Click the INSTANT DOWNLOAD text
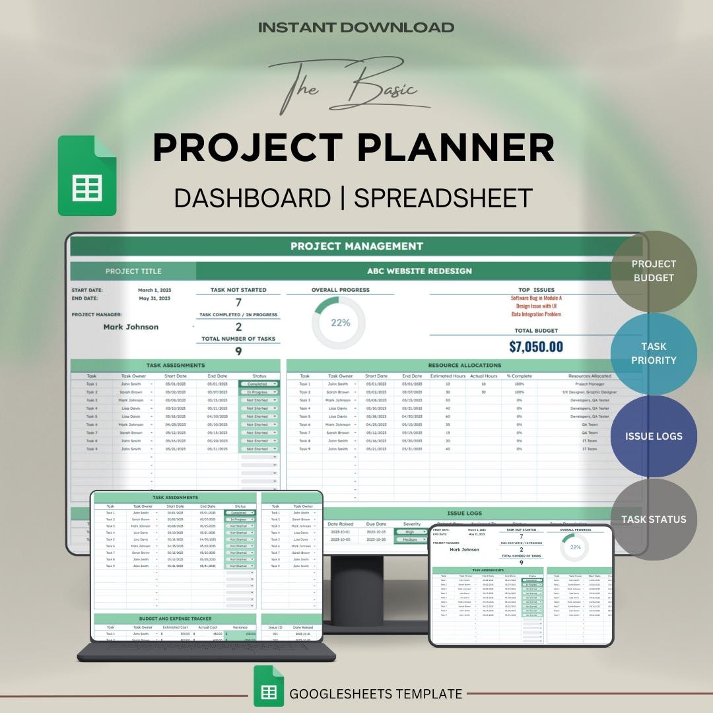tap(356, 28)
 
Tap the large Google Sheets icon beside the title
tap(87, 176)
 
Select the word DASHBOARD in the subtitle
tap(252, 198)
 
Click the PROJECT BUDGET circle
tap(653, 271)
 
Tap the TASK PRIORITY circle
tap(653, 353)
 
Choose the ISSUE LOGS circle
tap(653, 436)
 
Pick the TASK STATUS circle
tap(653, 520)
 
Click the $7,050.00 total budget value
tap(536, 347)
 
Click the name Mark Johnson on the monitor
tap(131, 327)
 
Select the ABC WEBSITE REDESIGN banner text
tap(419, 271)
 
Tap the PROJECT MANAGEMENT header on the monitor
tap(356, 246)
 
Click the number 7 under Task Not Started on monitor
tap(238, 302)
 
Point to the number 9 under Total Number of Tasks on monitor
tap(238, 351)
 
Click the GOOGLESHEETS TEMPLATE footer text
tap(376, 694)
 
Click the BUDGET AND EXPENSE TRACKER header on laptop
tap(175, 619)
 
